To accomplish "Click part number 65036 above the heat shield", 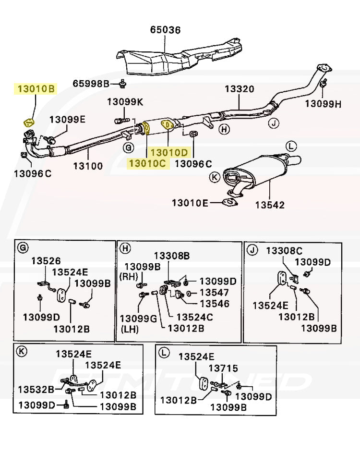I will [165, 30].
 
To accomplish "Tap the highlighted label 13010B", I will [36, 89].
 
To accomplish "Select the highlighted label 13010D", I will [168, 152].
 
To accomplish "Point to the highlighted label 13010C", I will [146, 163].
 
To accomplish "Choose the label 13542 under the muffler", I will [270, 205].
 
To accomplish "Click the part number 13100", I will [88, 166].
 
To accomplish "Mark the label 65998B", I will [91, 84].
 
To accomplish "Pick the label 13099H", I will [324, 103].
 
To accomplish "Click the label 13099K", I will [125, 102].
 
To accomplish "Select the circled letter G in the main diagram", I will [128, 147].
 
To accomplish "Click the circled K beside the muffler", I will [215, 177].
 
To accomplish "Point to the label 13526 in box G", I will [46, 261].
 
